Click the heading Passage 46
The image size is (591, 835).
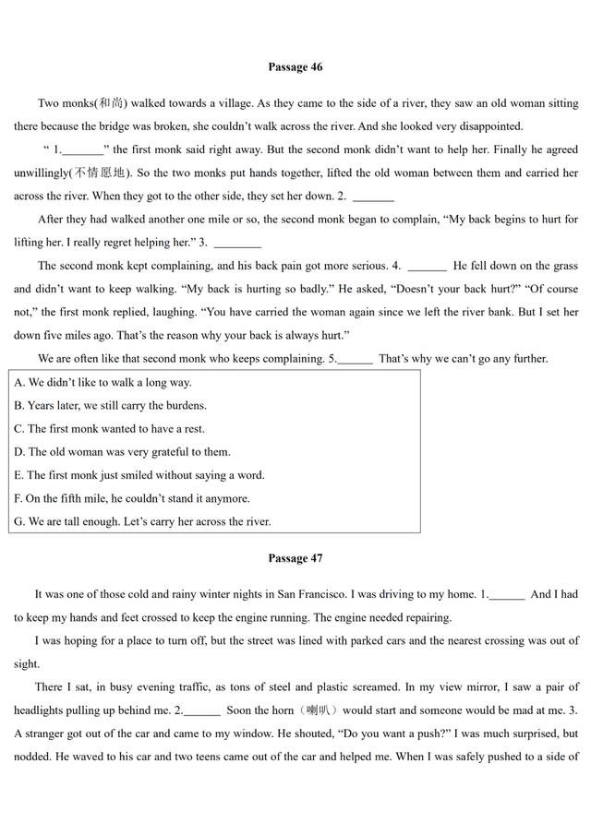click(295, 66)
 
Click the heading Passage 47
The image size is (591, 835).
click(295, 558)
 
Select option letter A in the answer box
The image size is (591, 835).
click(19, 382)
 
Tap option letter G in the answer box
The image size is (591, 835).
click(19, 521)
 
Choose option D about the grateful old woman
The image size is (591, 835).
click(122, 452)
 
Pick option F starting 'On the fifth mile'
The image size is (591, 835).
click(132, 498)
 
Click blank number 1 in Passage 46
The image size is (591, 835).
click(82, 150)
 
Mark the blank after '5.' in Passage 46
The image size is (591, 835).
click(356, 360)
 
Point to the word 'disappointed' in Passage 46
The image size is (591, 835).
click(487, 126)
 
